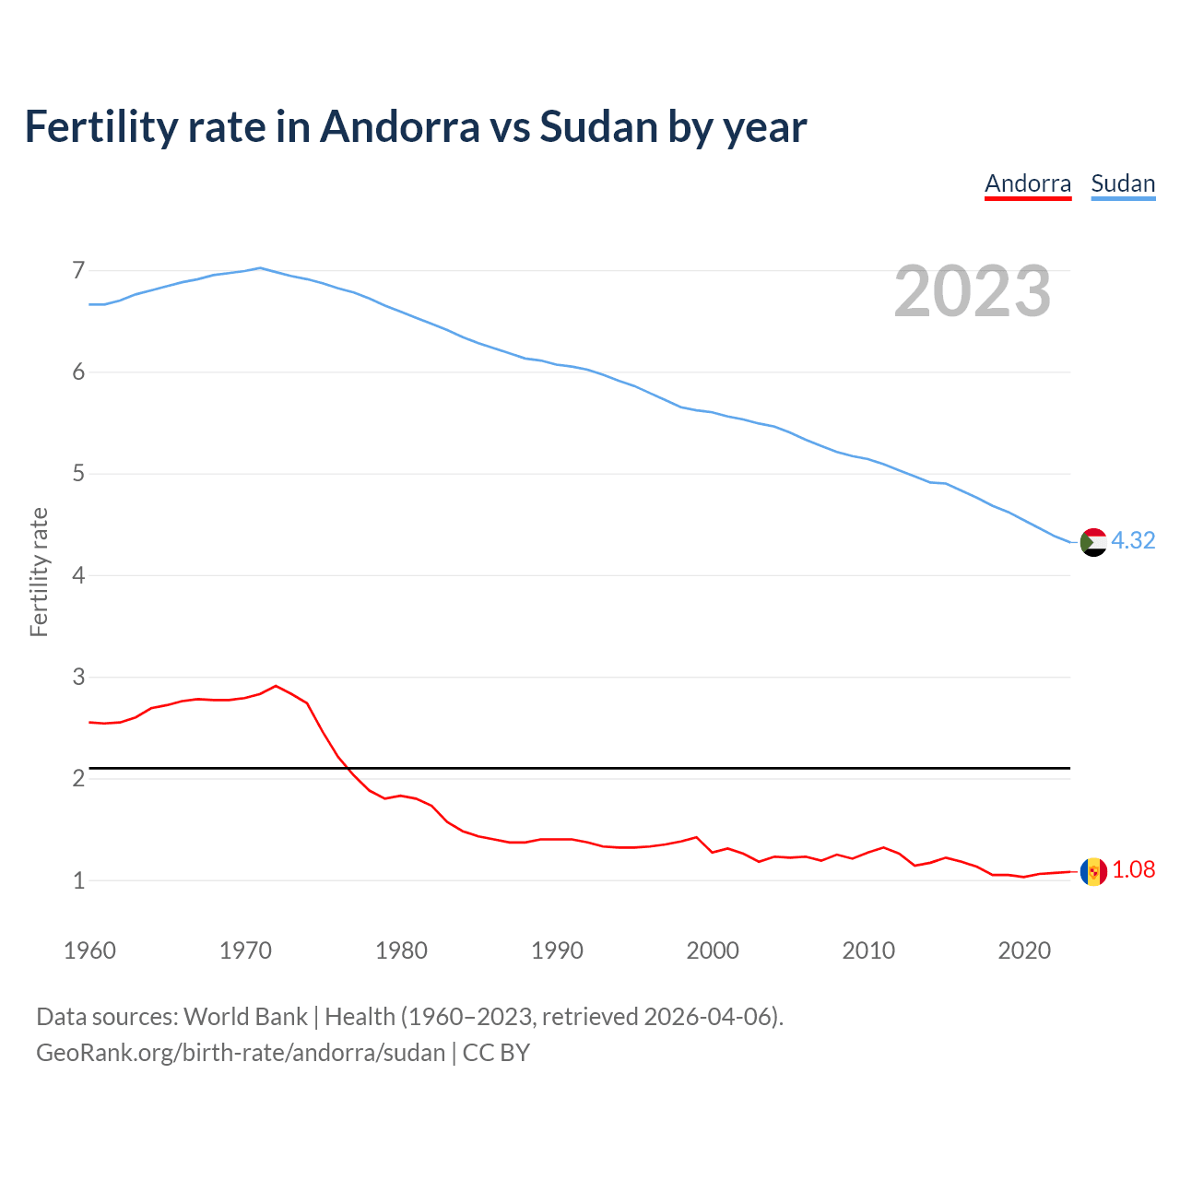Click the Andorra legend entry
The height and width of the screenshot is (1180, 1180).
(1028, 183)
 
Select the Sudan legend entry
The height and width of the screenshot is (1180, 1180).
(1123, 183)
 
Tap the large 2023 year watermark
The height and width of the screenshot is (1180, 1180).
(972, 291)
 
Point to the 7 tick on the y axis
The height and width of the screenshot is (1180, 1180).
(78, 270)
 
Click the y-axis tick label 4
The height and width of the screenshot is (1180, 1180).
(78, 575)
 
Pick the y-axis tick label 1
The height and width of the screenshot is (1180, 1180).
(78, 880)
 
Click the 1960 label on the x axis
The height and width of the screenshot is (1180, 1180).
(89, 950)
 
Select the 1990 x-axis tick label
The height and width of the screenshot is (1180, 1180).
(557, 950)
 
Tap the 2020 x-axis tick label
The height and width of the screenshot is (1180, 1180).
(1024, 950)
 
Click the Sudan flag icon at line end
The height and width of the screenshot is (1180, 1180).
(1093, 542)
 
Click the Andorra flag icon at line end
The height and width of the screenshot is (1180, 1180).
(1093, 871)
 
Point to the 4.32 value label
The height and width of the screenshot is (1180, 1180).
(1133, 540)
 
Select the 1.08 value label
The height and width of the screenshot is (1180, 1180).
(1133, 869)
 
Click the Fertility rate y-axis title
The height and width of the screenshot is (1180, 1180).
(39, 572)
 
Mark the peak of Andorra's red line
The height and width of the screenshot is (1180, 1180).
(276, 686)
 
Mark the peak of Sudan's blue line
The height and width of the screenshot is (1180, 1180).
(260, 268)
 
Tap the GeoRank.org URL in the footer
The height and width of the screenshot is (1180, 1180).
(240, 1052)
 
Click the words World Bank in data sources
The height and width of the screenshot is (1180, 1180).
(245, 1016)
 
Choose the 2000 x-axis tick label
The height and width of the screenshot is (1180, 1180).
(713, 950)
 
